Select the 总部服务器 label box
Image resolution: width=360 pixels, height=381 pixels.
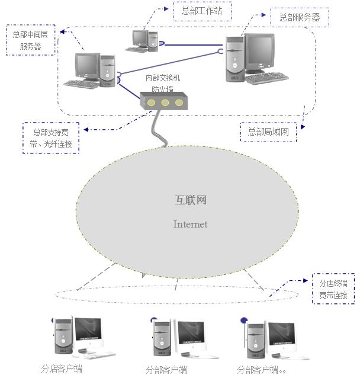tap(299, 18)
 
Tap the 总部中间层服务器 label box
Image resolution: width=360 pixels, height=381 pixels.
tap(31, 40)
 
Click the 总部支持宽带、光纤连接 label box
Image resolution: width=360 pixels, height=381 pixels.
tap(51, 137)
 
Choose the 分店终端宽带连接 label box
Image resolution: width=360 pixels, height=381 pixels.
tap(333, 289)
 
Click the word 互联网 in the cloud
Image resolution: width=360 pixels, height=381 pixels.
tap(191, 200)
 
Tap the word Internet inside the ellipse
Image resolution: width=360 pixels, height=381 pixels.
tap(190, 224)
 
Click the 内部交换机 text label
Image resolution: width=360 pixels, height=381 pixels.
tap(162, 78)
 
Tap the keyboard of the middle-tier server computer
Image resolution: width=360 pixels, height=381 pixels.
tap(81, 84)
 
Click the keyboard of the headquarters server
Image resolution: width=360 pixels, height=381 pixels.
tap(266, 79)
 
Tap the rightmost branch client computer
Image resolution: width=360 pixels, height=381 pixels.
tap(273, 341)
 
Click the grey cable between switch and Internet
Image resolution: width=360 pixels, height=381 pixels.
tap(158, 127)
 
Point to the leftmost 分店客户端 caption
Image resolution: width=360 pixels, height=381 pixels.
tap(62, 369)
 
